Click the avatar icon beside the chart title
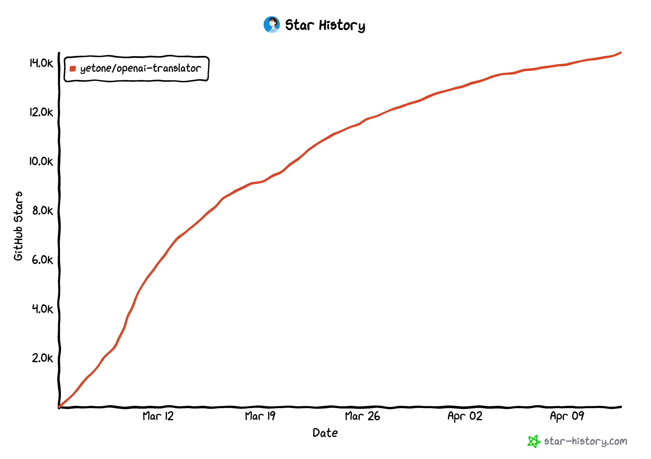(271, 25)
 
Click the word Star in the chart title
(299, 25)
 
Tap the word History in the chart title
(342, 26)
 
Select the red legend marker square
(73, 69)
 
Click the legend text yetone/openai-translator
(140, 69)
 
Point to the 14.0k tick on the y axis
(41, 63)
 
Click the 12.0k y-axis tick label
(41, 112)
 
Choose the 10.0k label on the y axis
(41, 161)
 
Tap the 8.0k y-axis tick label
(42, 211)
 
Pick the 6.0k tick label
(42, 260)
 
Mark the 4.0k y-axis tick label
(42, 309)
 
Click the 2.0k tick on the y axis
(42, 358)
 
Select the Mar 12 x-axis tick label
(158, 416)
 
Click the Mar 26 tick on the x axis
(362, 416)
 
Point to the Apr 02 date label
(465, 416)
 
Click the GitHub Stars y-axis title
(18, 226)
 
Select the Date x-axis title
(325, 433)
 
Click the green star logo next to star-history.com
(534, 441)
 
